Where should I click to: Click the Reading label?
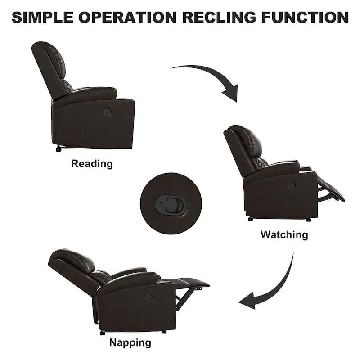(x=92, y=164)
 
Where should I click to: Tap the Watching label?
(x=284, y=234)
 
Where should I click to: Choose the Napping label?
(x=130, y=342)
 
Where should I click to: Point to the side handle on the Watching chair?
(x=292, y=185)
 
